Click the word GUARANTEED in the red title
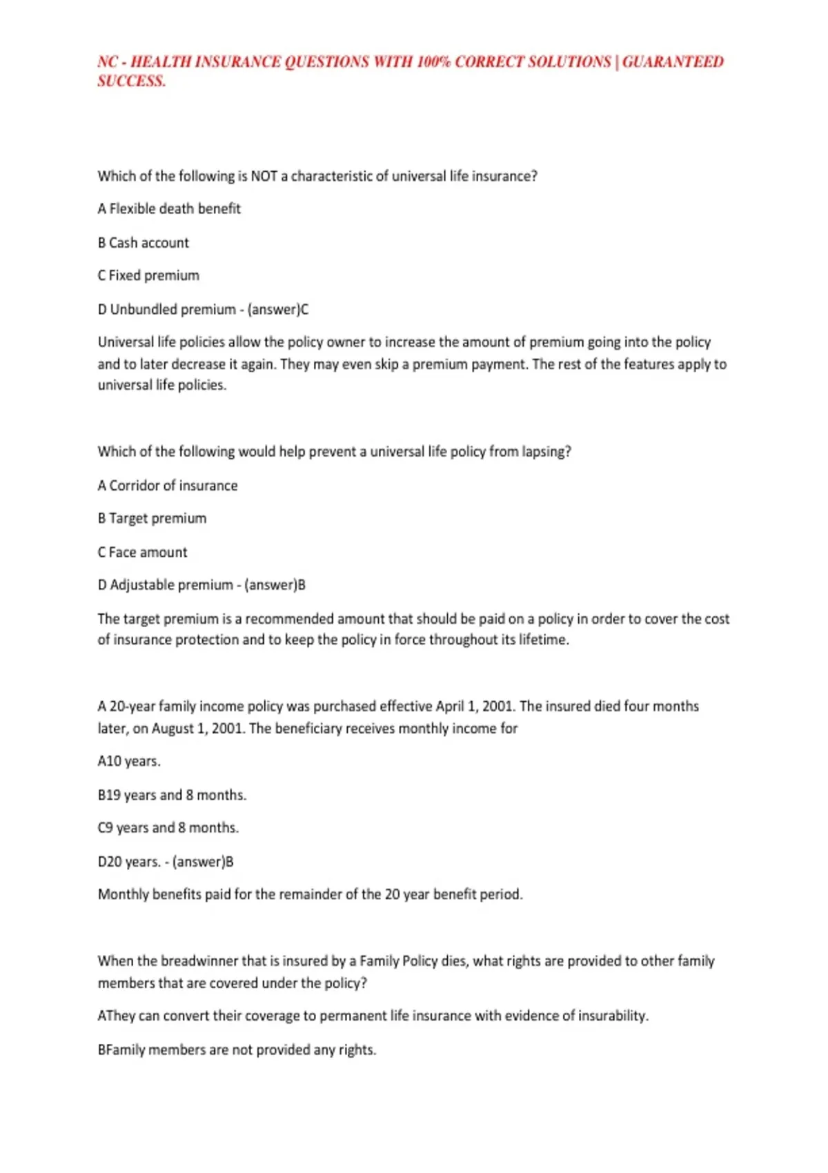673,62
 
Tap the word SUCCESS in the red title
131,81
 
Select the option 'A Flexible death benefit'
169,208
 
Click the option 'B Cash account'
143,243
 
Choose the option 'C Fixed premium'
148,275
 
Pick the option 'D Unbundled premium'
166,309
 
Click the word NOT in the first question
264,176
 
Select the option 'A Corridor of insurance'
168,486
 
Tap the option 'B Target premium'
152,518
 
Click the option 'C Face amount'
142,552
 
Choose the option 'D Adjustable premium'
166,585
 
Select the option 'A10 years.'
129,761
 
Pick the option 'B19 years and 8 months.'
172,795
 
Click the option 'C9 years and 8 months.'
168,827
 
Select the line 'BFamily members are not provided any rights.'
237,1050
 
